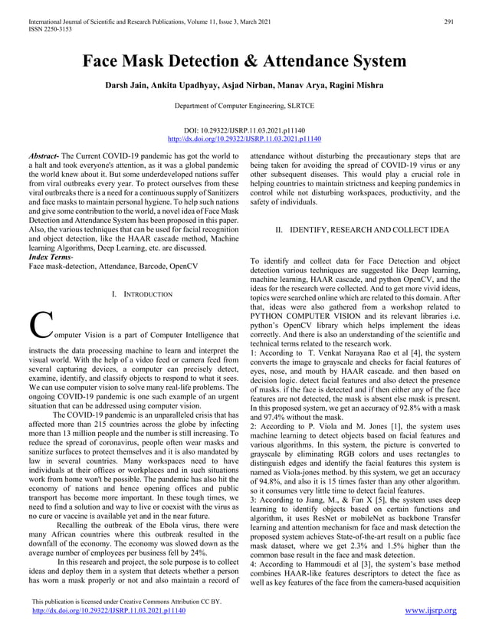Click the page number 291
pyautogui.click(x=449, y=10)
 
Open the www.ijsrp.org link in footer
pyautogui.click(x=430, y=611)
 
